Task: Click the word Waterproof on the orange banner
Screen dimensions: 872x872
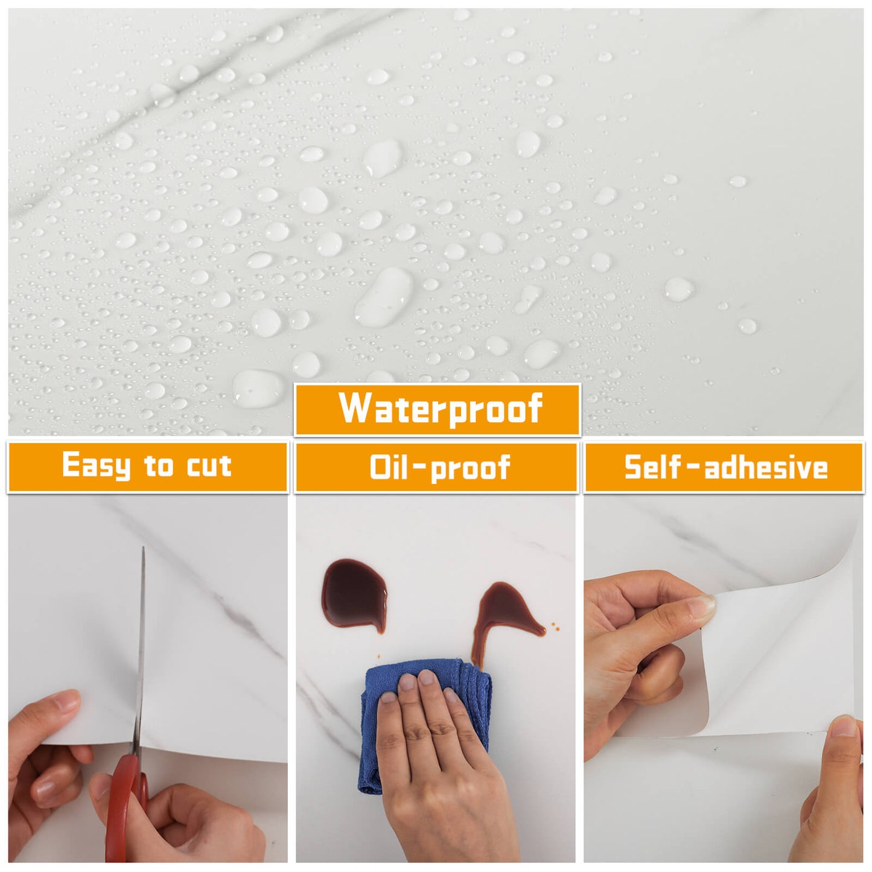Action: point(441,409)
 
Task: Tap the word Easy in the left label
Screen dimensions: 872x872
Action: point(97,466)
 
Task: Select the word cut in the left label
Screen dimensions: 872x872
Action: point(209,466)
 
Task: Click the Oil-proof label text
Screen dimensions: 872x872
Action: point(440,468)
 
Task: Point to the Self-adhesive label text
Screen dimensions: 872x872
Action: point(725,468)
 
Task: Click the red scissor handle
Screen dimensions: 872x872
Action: point(124,803)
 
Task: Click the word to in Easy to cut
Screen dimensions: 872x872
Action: point(159,466)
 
